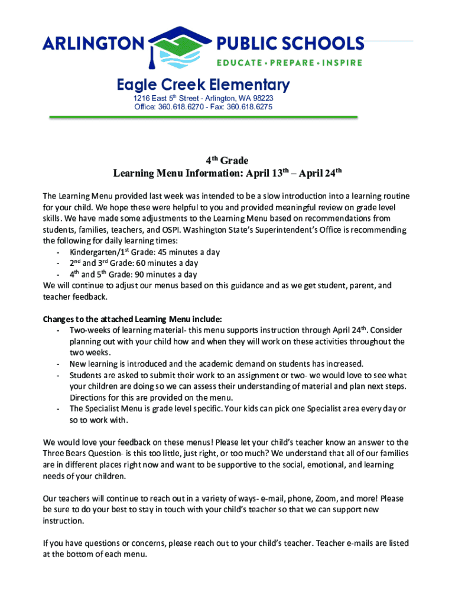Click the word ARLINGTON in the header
(x=93, y=44)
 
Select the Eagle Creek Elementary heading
(x=203, y=84)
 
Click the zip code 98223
(x=261, y=98)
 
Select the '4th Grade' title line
(x=227, y=161)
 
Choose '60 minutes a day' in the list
(x=167, y=264)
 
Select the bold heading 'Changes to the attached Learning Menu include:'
(x=132, y=319)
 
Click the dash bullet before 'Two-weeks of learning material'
(x=57, y=330)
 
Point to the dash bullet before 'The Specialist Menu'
(x=57, y=409)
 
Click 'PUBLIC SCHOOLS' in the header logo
(x=291, y=44)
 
